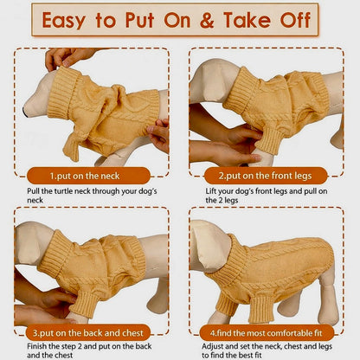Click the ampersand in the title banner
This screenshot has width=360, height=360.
tap(207, 20)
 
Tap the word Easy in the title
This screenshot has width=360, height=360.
tap(64, 21)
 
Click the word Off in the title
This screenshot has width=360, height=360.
tap(295, 20)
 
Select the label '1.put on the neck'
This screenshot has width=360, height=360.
tap(85, 176)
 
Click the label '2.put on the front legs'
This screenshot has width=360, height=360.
tap(265, 176)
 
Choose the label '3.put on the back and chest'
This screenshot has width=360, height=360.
tap(88, 333)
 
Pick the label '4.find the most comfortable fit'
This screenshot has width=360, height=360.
tap(266, 333)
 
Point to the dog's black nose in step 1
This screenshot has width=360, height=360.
tap(25, 112)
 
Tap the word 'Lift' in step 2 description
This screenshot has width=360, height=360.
tap(211, 191)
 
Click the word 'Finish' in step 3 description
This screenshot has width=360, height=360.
tap(36, 346)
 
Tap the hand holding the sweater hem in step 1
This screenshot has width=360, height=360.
tap(159, 135)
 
